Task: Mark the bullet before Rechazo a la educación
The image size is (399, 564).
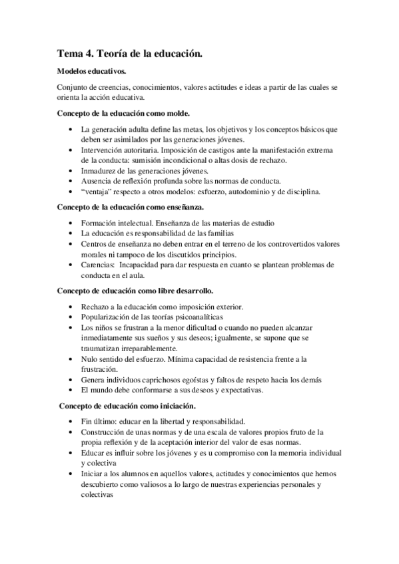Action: coord(71,306)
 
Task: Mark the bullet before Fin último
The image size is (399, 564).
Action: coord(71,421)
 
